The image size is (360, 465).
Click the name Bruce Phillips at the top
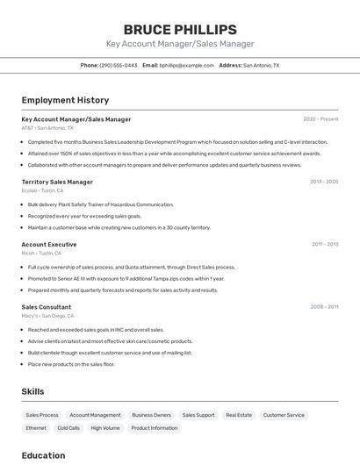[x=179, y=29]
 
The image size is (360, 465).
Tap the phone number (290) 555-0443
[x=118, y=65]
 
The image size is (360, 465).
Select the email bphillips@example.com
[x=185, y=65]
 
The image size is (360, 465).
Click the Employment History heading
[x=65, y=100]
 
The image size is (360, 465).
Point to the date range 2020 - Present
[x=320, y=118]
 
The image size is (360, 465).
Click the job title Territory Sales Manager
[x=57, y=182]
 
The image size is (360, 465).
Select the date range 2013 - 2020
[x=324, y=182]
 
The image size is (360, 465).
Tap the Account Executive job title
[x=49, y=244]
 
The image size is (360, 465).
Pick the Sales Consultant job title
[x=47, y=307]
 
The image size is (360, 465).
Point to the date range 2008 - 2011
[x=324, y=307]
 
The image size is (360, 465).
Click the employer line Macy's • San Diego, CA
[x=47, y=316]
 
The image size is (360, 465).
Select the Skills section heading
[x=32, y=391]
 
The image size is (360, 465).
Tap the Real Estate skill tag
[x=239, y=415]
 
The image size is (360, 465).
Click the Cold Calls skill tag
[x=68, y=428]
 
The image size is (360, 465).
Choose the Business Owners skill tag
[x=151, y=415]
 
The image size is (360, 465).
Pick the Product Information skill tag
[x=155, y=428]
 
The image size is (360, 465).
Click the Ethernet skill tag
[x=36, y=428]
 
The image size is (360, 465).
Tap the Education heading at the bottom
[x=43, y=455]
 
